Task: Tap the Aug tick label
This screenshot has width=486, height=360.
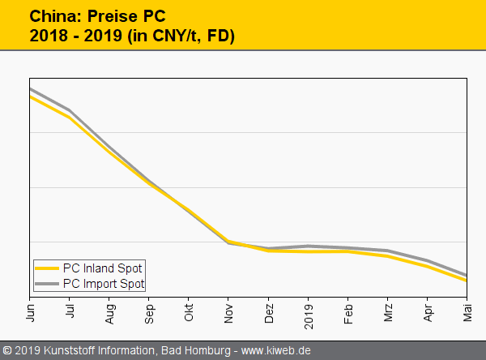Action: (109, 311)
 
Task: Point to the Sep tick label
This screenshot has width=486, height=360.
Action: (149, 311)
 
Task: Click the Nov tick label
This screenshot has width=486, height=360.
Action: (228, 311)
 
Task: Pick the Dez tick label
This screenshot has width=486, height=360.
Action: (269, 311)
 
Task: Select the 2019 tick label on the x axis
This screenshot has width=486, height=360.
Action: (309, 312)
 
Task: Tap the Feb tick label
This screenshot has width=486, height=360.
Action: (348, 311)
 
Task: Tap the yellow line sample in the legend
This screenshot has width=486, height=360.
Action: (48, 268)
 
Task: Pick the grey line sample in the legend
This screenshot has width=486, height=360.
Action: (48, 283)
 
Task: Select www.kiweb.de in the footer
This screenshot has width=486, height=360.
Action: (276, 351)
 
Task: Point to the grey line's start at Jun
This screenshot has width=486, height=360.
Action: (30, 88)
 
